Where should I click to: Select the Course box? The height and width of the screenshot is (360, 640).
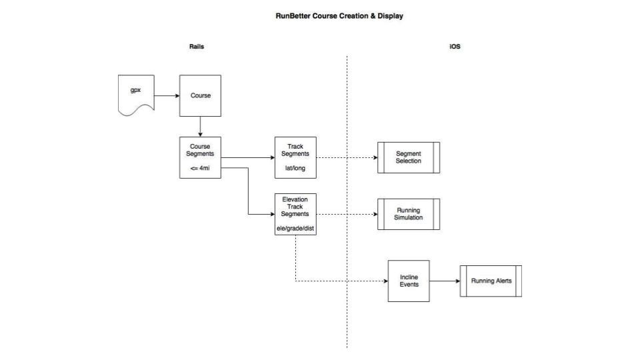(200, 95)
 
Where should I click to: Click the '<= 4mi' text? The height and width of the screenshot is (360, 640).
(200, 168)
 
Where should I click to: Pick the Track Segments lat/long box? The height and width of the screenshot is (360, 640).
(295, 157)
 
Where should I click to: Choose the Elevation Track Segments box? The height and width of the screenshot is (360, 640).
(295, 214)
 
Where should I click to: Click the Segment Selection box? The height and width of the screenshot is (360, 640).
(408, 157)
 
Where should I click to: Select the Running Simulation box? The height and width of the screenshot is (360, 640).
(408, 214)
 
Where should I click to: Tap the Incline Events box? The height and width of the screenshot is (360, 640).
(408, 281)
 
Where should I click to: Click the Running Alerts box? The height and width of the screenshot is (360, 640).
(491, 281)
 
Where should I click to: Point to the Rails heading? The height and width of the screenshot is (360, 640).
(197, 47)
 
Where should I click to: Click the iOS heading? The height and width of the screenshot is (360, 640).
(455, 47)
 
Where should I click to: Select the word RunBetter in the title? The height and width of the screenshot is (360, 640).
(292, 16)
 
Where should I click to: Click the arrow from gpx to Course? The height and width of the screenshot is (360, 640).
(167, 95)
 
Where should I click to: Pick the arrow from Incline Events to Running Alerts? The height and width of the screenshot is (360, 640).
(444, 281)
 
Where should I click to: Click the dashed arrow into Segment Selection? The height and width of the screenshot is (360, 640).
(347, 157)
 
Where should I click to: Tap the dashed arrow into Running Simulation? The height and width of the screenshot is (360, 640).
(347, 214)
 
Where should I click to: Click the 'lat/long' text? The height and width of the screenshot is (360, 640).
(295, 168)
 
